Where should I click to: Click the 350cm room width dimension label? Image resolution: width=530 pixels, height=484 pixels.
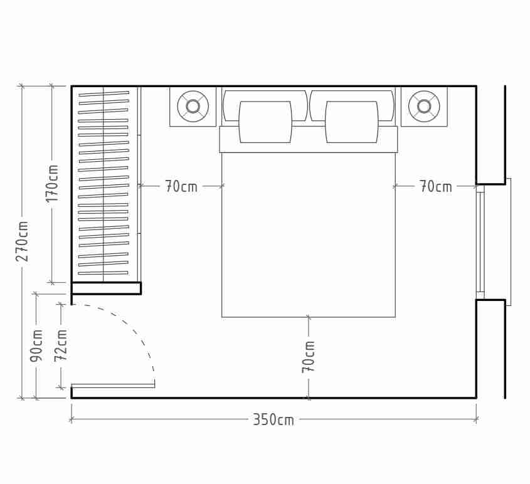pyautogui.click(x=273, y=419)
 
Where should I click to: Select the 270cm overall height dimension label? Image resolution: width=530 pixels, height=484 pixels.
pyautogui.click(x=22, y=241)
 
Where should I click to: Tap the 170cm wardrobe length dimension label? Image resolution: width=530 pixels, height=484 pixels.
pyautogui.click(x=52, y=183)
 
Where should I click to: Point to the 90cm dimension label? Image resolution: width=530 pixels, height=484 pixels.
pyautogui.click(x=36, y=345)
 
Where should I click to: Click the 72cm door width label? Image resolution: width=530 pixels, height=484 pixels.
pyautogui.click(x=60, y=345)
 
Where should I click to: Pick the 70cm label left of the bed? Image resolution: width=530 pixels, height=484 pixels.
pyautogui.click(x=181, y=186)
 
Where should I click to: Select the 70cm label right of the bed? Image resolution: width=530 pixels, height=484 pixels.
pyautogui.click(x=435, y=186)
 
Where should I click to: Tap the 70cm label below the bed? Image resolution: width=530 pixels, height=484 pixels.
pyautogui.click(x=308, y=357)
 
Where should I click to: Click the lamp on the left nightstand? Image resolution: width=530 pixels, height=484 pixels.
pyautogui.click(x=193, y=106)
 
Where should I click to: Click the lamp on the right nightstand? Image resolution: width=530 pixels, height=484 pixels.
pyautogui.click(x=424, y=106)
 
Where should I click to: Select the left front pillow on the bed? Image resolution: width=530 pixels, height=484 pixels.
pyautogui.click(x=265, y=122)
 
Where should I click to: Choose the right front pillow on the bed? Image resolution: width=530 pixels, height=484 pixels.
pyautogui.click(x=351, y=122)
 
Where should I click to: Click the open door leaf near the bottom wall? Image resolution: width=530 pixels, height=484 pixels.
pyautogui.click(x=113, y=386)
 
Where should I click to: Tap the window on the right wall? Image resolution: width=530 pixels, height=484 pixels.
pyautogui.click(x=481, y=242)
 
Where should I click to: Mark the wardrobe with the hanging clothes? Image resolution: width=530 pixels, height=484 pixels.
pyautogui.click(x=103, y=184)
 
